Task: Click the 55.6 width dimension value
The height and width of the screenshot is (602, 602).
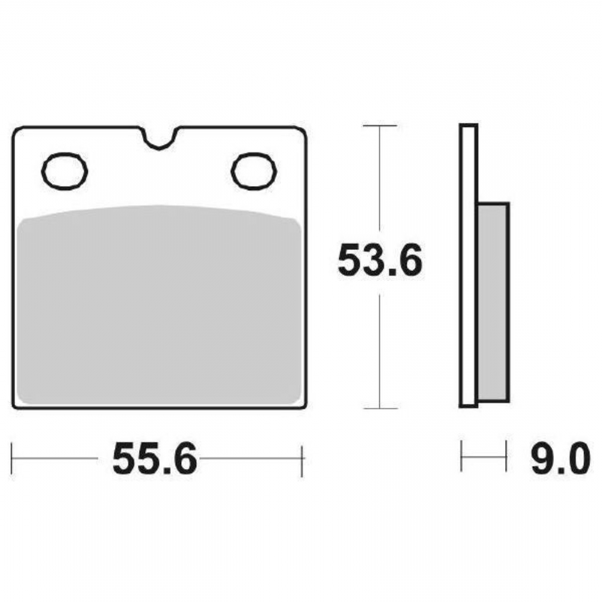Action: (155, 459)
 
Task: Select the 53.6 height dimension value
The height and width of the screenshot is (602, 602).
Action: (380, 261)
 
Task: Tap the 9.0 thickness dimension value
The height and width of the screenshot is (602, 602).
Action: (560, 459)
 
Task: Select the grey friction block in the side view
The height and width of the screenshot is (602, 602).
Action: (493, 302)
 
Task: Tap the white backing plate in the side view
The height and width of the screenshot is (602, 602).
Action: (468, 265)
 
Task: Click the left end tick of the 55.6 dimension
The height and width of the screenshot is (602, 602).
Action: (12, 459)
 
